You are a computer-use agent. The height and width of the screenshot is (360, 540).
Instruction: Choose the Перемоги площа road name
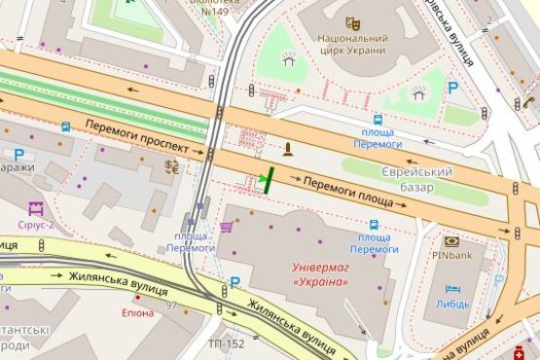tap(348, 192)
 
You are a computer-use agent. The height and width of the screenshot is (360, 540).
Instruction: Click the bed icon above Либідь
tap(452, 289)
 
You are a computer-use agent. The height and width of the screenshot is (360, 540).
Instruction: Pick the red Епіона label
tap(137, 312)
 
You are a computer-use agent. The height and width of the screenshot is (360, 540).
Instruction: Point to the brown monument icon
tap(287, 149)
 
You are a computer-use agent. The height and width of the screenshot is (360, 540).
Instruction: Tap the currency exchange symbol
tap(172, 166)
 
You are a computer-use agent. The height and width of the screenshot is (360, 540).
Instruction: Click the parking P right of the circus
tap(453, 88)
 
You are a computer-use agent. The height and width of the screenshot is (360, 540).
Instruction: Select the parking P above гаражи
tap(18, 153)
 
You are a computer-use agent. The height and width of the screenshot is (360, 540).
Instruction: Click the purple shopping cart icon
tap(227, 227)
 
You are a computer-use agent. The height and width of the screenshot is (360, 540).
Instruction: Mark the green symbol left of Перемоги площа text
tap(265, 179)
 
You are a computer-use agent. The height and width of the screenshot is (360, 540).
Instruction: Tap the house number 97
tap(171, 306)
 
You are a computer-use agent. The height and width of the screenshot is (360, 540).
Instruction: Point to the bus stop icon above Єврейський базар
tap(377, 121)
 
